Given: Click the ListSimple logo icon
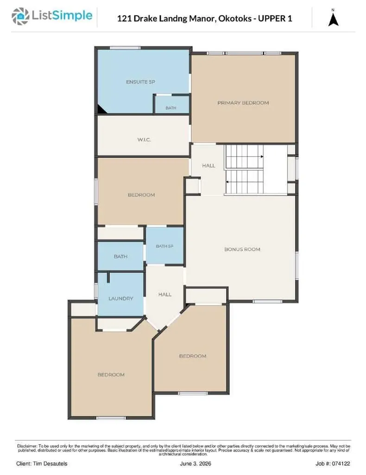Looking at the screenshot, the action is click(x=20, y=16).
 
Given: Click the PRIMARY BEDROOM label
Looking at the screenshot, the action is click(x=243, y=103).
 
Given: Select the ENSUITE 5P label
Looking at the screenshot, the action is click(x=140, y=82).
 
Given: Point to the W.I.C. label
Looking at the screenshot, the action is click(x=144, y=140).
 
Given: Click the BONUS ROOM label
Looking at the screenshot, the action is click(x=242, y=249).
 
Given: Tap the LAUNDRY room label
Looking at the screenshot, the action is click(x=121, y=298).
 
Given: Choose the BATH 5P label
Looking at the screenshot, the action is click(x=164, y=246).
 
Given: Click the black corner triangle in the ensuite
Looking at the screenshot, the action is click(x=101, y=109).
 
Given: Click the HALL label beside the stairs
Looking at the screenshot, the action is click(x=208, y=166).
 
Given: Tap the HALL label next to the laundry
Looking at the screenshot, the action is click(x=165, y=294).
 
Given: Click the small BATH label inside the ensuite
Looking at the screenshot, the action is click(x=170, y=108).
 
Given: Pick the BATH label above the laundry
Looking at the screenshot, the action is click(x=120, y=257).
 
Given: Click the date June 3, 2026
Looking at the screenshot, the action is click(x=196, y=464).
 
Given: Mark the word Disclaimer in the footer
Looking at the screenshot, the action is click(x=27, y=446).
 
